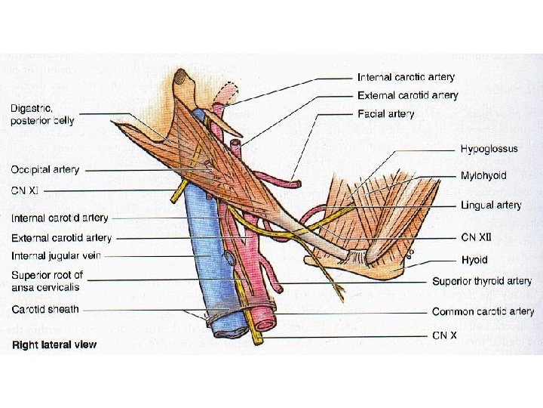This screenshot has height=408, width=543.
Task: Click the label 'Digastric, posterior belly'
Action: coord(42,115)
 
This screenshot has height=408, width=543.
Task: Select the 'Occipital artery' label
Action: coord(45,169)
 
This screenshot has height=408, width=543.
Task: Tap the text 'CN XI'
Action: coord(24,189)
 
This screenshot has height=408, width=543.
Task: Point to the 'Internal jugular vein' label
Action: coord(56,256)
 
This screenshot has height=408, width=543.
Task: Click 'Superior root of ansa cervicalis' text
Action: coord(47,280)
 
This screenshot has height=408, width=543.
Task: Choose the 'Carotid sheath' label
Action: coord(44,310)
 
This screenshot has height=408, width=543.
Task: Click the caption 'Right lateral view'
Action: coord(54,345)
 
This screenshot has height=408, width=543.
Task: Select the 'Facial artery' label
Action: coord(385,114)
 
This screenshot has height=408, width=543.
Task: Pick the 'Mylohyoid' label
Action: coord(483,175)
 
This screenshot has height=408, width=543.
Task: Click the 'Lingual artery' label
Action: coord(491,205)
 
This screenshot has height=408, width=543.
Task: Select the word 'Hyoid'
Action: coord(474,259)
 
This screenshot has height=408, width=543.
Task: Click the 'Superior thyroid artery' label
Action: coord(482,281)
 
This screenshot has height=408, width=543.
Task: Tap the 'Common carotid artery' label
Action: coord(483,311)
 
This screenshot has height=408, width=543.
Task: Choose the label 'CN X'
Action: coord(445,334)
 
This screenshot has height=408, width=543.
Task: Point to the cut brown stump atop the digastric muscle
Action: coord(181,76)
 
